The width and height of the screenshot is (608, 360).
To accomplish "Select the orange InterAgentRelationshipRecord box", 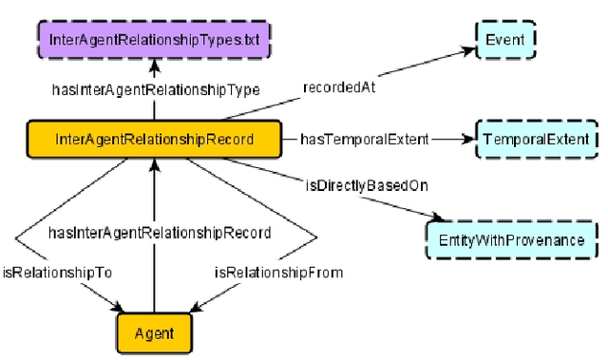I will [154, 140].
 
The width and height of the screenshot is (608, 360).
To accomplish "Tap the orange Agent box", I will [154, 333].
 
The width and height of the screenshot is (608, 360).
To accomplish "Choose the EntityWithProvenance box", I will [511, 240].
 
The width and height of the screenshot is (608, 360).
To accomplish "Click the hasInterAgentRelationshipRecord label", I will [160, 232].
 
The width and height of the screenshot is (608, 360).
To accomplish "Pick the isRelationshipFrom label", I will [277, 272].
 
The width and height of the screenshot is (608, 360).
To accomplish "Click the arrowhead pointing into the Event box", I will [467, 45].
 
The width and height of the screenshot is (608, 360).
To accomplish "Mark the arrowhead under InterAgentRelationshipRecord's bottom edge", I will [154, 165].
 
